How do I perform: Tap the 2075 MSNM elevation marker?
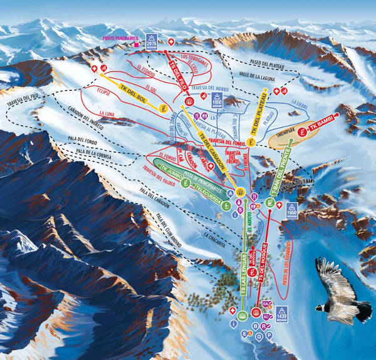click(150, 41)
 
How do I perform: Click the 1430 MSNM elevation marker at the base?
click(281, 314)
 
